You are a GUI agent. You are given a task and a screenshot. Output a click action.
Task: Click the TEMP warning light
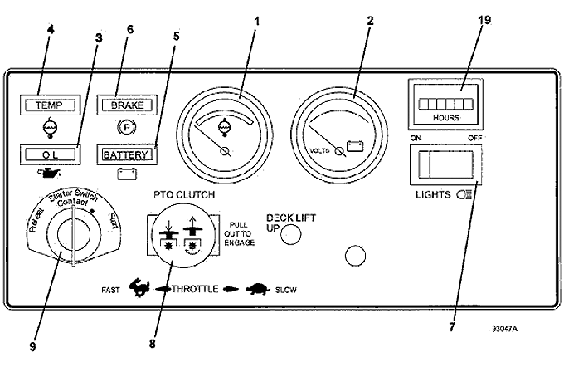(x=51, y=105)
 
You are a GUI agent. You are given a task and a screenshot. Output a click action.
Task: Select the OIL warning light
(x=51, y=154)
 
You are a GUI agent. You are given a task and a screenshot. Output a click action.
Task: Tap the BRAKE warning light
(x=127, y=105)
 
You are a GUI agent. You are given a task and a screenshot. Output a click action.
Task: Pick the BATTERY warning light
(x=127, y=154)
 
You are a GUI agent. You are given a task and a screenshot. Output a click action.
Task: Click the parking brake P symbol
(x=126, y=128)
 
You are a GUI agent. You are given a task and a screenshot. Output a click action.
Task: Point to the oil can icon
(x=49, y=174)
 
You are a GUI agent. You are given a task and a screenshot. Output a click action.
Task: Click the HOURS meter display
(x=445, y=105)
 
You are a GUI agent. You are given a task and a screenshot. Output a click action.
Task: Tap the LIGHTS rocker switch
(x=446, y=164)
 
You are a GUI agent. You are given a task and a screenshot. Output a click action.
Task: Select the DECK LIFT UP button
(x=290, y=234)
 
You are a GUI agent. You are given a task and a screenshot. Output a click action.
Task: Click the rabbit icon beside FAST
(x=139, y=287)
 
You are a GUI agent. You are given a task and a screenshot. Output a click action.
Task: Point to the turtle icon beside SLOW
(x=258, y=289)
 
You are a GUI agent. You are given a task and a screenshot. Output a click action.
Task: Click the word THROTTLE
(x=195, y=289)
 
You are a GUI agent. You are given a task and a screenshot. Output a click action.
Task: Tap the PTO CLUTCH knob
(x=184, y=235)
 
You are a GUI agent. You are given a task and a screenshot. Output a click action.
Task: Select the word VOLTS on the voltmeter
(x=319, y=150)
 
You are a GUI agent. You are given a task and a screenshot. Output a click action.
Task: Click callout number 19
(x=484, y=20)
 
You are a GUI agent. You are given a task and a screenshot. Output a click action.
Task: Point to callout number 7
(x=452, y=327)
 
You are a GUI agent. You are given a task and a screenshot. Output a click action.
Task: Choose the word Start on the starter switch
(x=114, y=221)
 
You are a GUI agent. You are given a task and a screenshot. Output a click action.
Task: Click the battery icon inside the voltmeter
(x=355, y=146)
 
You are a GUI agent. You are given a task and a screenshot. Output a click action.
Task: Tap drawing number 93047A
(x=505, y=329)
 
